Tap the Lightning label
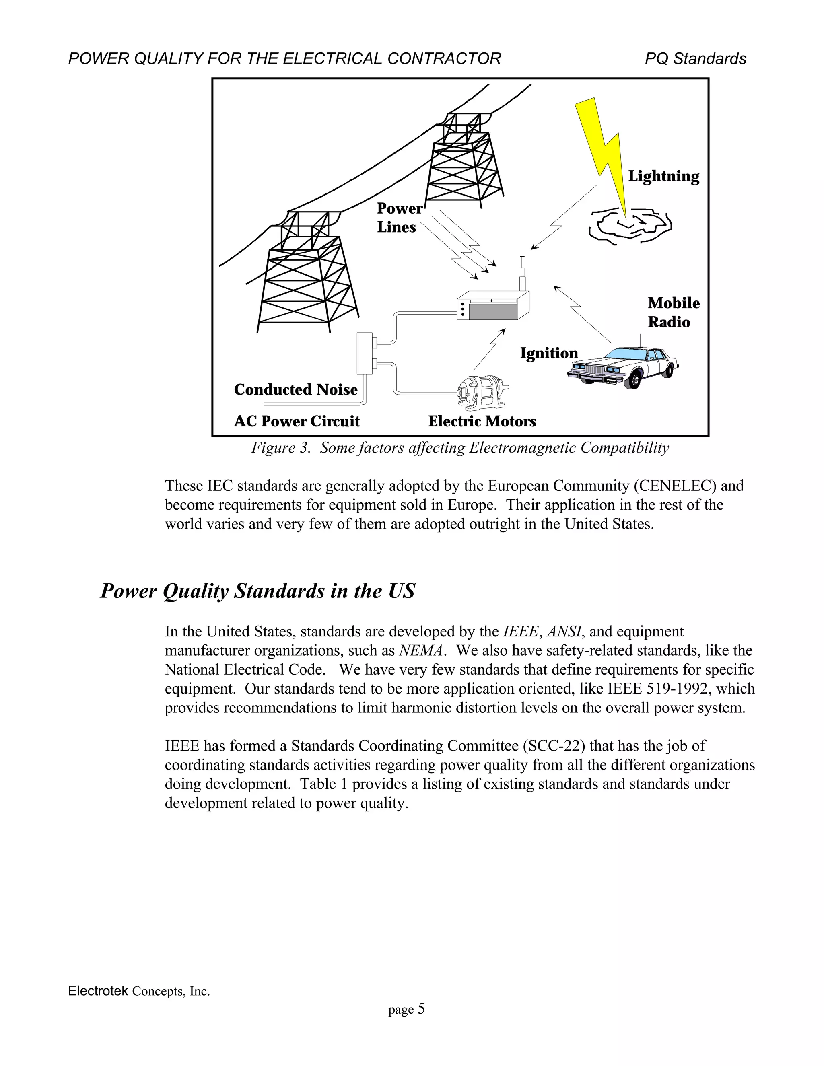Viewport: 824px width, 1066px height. click(x=663, y=176)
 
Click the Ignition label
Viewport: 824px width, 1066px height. click(x=548, y=353)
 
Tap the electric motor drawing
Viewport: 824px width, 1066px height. click(x=481, y=391)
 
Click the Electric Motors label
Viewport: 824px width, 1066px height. click(x=481, y=421)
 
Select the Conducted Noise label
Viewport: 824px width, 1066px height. click(x=295, y=389)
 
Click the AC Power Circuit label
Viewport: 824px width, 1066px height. click(x=296, y=421)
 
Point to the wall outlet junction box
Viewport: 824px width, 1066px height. click(x=365, y=353)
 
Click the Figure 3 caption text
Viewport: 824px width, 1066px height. click(x=460, y=448)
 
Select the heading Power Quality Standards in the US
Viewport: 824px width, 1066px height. click(x=257, y=591)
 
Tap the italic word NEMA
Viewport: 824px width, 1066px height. click(x=421, y=650)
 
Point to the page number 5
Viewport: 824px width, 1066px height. click(x=421, y=1009)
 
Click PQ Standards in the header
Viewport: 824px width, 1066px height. click(x=695, y=59)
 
